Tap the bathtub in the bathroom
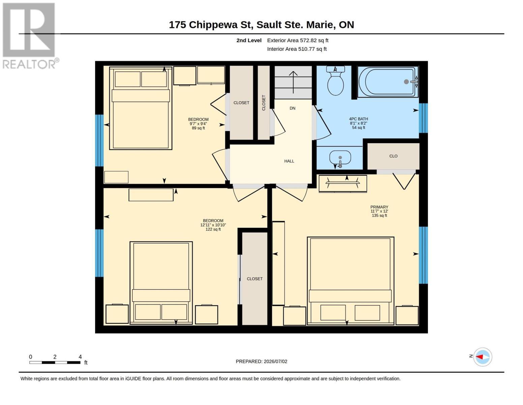pyautogui.click(x=388, y=82)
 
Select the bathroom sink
pyautogui.click(x=340, y=158)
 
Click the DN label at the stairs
pyautogui.click(x=293, y=108)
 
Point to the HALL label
pyautogui.click(x=289, y=161)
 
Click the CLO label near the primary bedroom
pyautogui.click(x=393, y=156)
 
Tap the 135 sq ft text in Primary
pyautogui.click(x=379, y=215)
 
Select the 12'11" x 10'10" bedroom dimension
pyautogui.click(x=213, y=225)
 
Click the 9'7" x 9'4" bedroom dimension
pyautogui.click(x=198, y=124)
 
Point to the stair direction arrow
pyautogui.click(x=293, y=82)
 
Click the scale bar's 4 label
pyautogui.click(x=80, y=357)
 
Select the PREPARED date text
pyautogui.click(x=261, y=368)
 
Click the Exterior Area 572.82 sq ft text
pyautogui.click(x=298, y=40)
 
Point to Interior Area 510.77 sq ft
pyautogui.click(x=297, y=49)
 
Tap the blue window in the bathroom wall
pyautogui.click(x=423, y=118)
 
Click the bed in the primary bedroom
pyautogui.click(x=350, y=281)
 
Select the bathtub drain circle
pyautogui.click(x=406, y=82)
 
